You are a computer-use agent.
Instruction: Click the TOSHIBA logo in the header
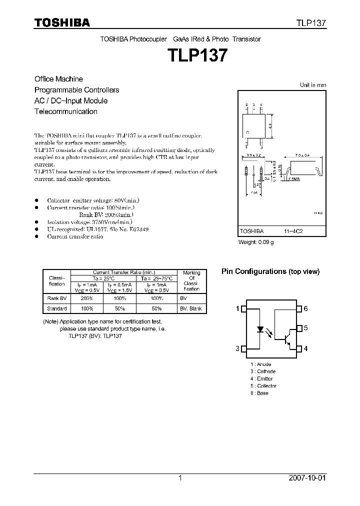(x=62, y=23)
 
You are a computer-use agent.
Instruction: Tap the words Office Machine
(x=58, y=79)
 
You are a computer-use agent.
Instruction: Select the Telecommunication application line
(x=65, y=111)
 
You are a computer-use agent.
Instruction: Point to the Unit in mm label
(x=312, y=85)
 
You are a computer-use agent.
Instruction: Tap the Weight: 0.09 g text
(x=256, y=242)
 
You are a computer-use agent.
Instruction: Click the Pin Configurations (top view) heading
(x=270, y=271)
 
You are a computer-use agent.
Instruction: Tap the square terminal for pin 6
(x=299, y=309)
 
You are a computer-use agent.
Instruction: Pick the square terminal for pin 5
(x=299, y=328)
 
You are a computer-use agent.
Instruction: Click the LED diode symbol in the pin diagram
(x=260, y=329)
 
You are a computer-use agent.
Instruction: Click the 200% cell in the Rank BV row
(x=86, y=297)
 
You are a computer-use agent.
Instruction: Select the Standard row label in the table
(x=57, y=308)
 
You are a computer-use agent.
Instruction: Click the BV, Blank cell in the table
(x=191, y=308)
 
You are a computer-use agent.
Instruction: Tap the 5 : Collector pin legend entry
(x=263, y=386)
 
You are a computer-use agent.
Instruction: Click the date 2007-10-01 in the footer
(x=307, y=478)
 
